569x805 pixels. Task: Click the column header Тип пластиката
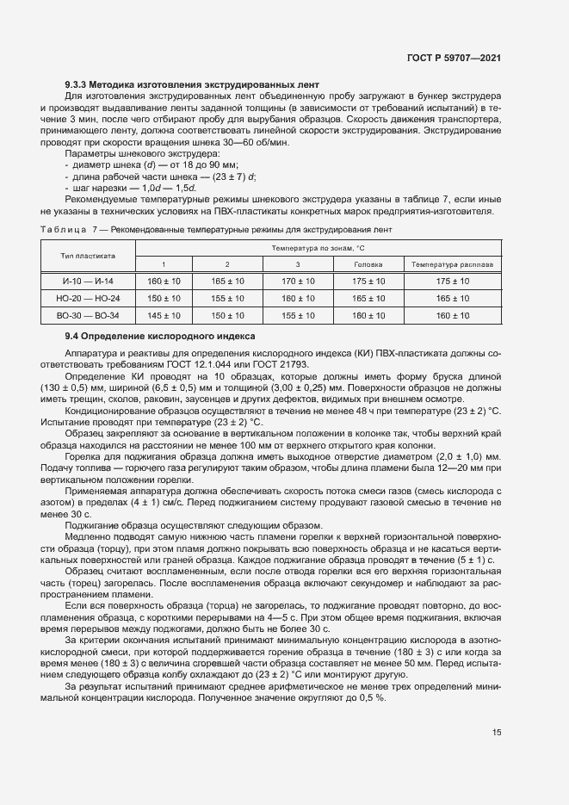point(88,256)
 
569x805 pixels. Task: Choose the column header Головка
point(369,264)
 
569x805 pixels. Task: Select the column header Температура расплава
point(453,264)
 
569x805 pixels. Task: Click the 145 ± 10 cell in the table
point(164,316)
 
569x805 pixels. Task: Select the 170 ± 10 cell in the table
point(298,282)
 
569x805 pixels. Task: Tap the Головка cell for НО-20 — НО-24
point(369,299)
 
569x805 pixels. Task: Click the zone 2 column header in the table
point(227,264)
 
